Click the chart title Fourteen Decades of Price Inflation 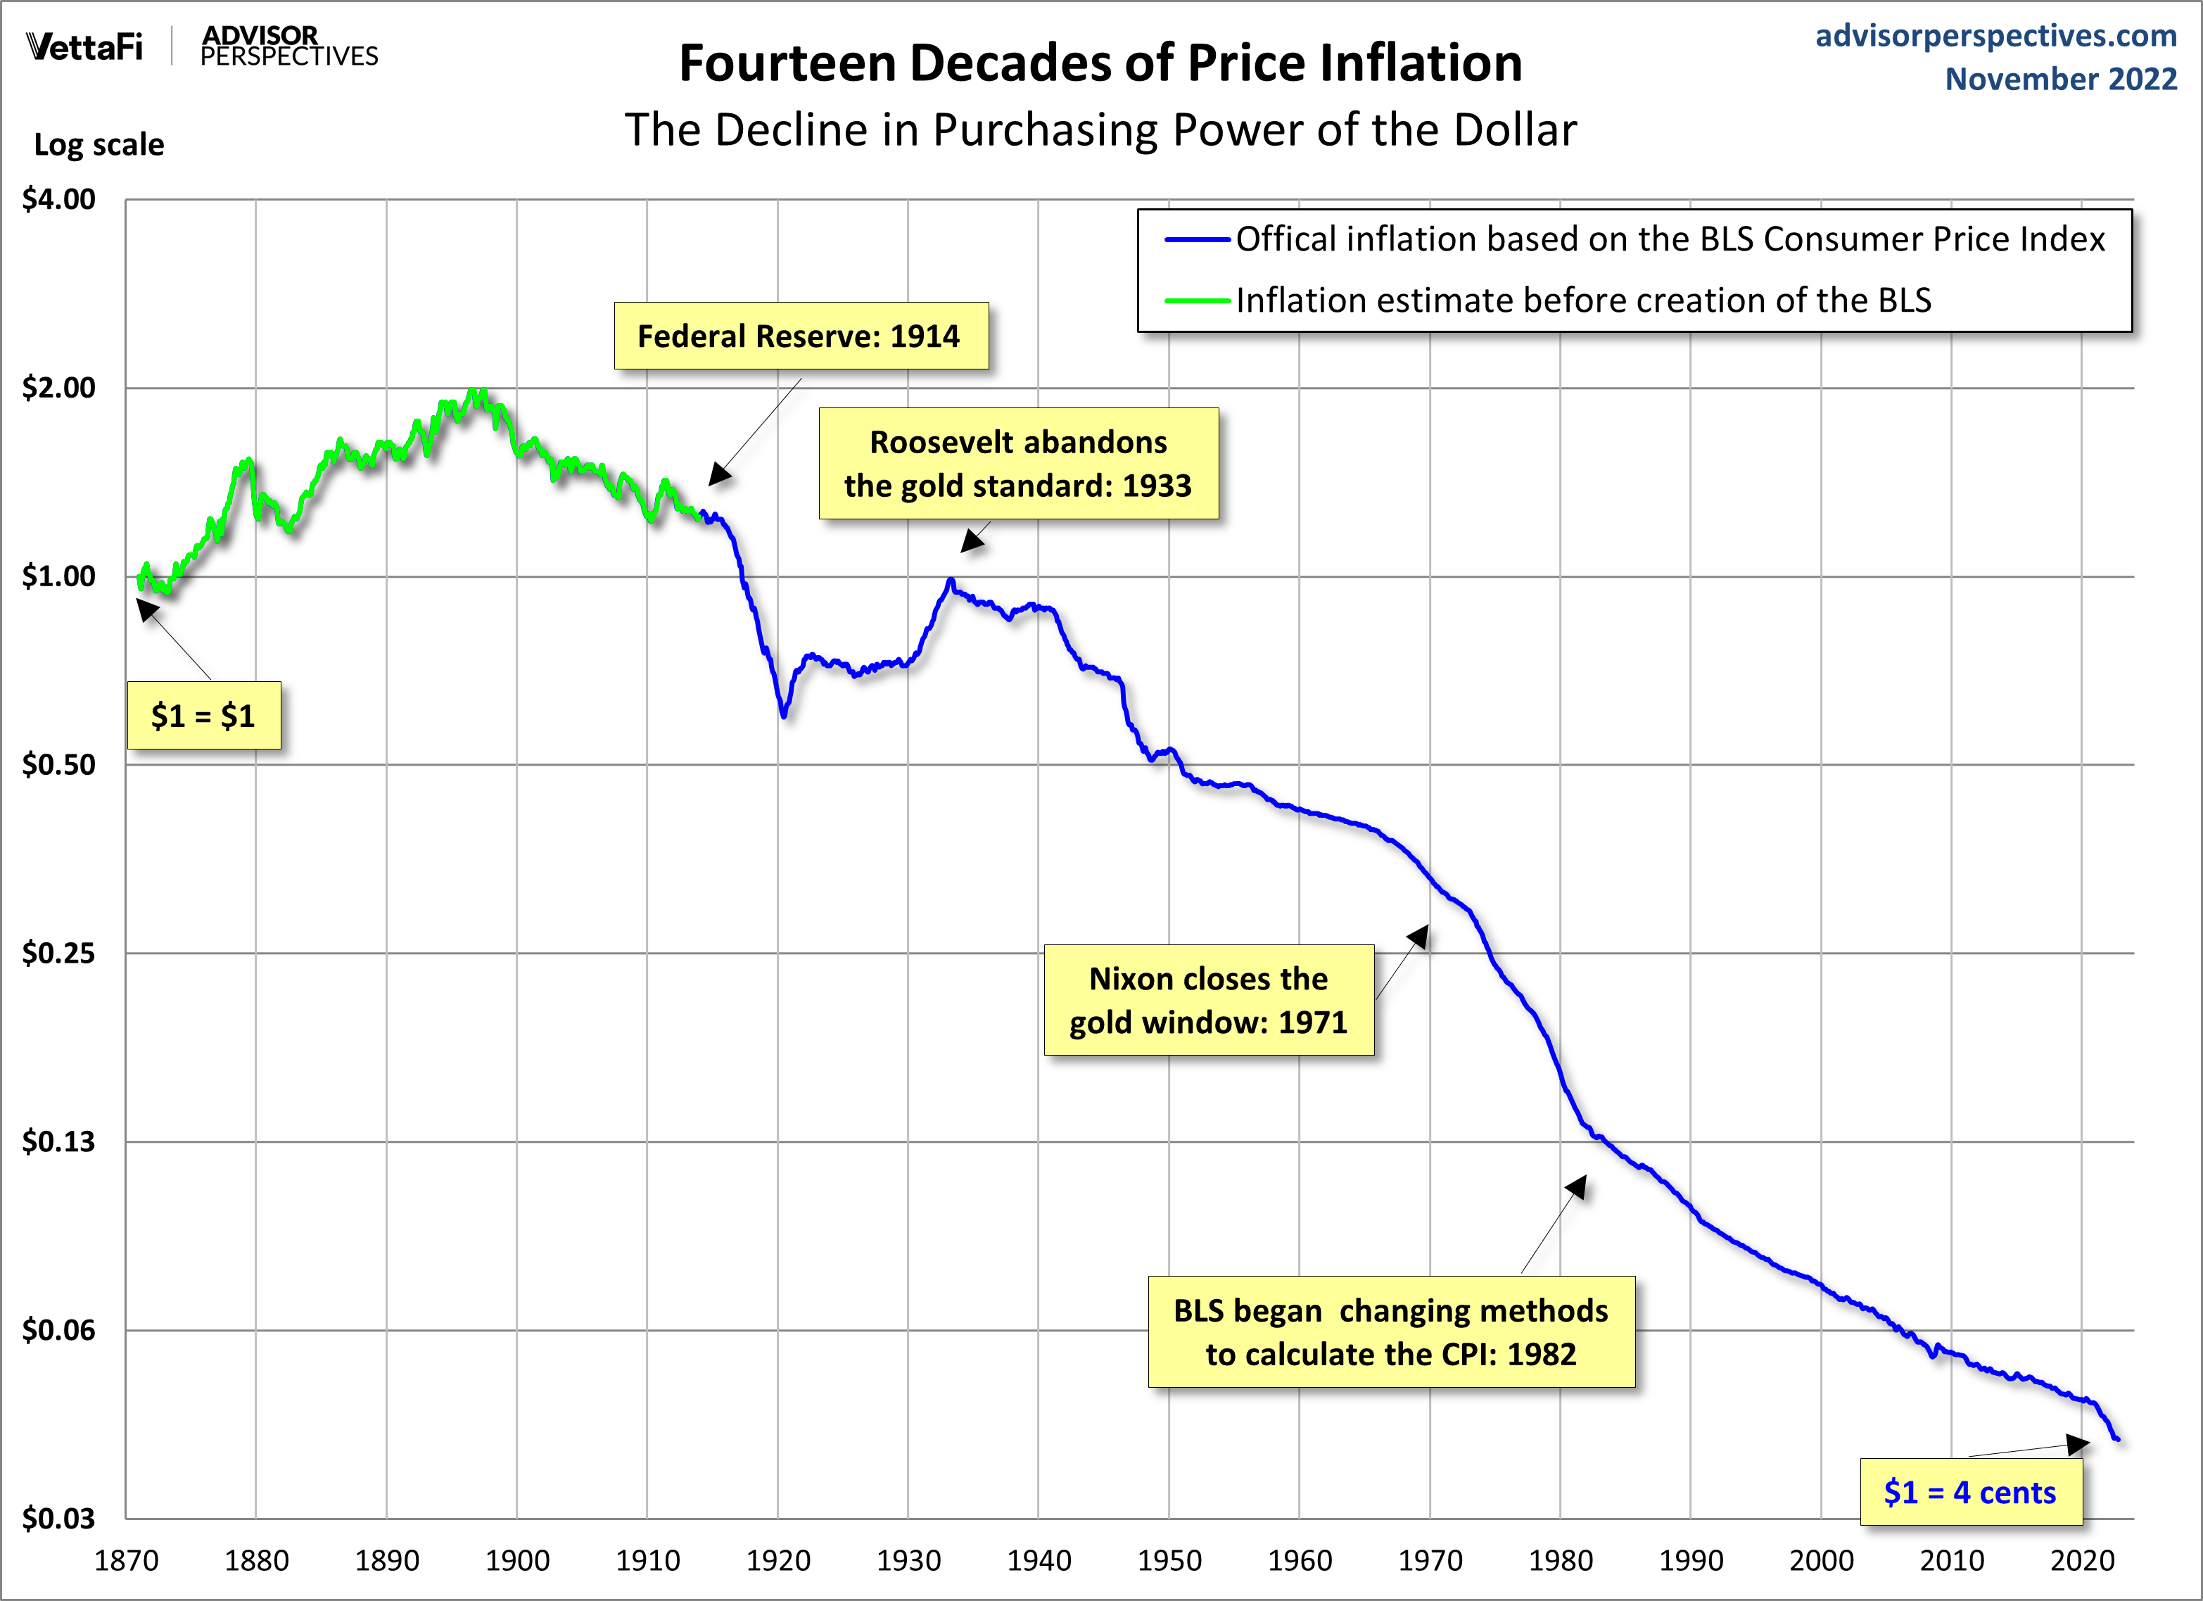click(1100, 63)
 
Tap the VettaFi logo click(84, 46)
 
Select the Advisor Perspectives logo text click(288, 46)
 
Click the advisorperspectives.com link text click(1995, 36)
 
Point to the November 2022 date click(2060, 79)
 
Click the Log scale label click(99, 145)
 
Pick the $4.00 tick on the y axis click(59, 199)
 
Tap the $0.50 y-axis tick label click(59, 764)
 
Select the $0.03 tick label click(59, 1517)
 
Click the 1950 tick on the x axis click(1169, 1560)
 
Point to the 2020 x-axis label click(2081, 1560)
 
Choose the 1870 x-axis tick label click(126, 1560)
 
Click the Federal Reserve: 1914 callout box click(801, 336)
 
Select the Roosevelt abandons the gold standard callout click(1018, 463)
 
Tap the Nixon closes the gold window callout click(1208, 999)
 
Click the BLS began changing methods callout click(1391, 1332)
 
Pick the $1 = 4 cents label click(1970, 1492)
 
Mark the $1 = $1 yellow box click(204, 716)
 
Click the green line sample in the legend click(1198, 301)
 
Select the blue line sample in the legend click(1198, 239)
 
